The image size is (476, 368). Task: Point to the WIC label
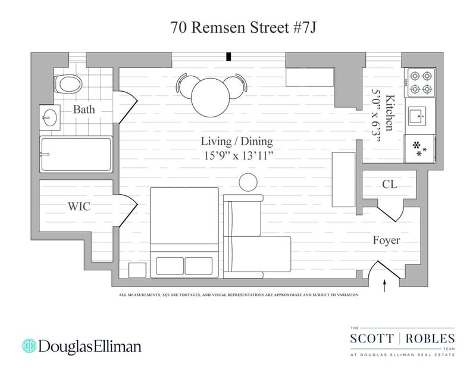80,207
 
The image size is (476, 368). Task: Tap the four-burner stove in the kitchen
420,82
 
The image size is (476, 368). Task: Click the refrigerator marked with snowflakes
421,148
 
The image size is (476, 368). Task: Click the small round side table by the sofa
248,183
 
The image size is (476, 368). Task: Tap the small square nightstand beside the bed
137,272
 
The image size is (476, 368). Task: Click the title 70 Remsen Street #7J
237,27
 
